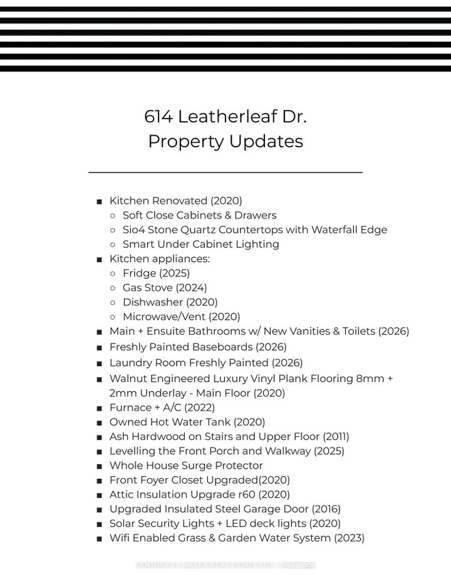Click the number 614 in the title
click(x=158, y=117)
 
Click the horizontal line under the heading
click(x=225, y=172)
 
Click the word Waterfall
click(x=315, y=230)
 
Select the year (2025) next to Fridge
click(x=174, y=273)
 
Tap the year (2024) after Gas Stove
click(x=191, y=288)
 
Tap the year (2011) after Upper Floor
click(x=336, y=437)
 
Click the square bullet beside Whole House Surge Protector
click(x=100, y=466)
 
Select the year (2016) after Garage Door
click(x=326, y=509)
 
